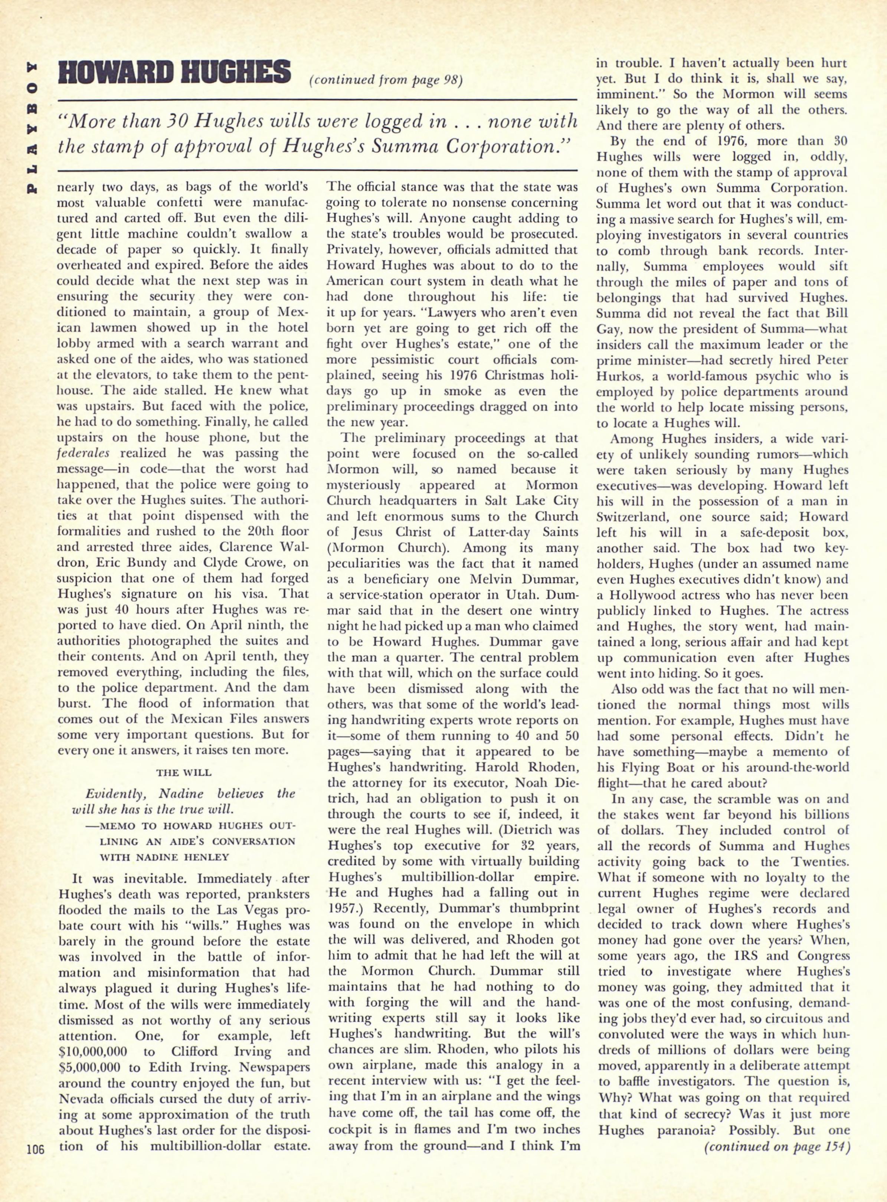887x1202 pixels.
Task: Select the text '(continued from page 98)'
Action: point(386,80)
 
